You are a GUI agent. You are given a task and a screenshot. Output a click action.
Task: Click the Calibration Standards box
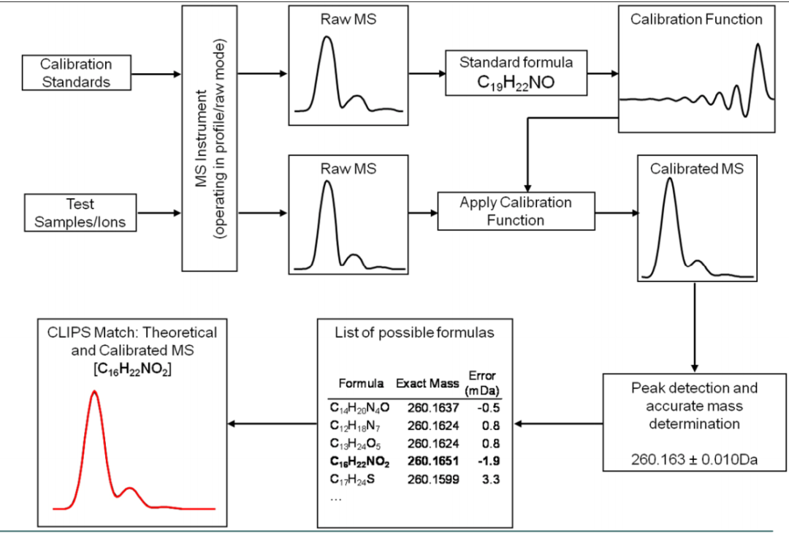[x=77, y=73]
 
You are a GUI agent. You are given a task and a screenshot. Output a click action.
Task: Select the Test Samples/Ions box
[x=80, y=213]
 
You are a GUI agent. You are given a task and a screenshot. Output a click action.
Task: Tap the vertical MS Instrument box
[x=210, y=138]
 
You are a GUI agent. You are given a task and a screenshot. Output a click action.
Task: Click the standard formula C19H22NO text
[x=516, y=82]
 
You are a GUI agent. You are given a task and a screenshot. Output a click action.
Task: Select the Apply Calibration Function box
[x=517, y=211]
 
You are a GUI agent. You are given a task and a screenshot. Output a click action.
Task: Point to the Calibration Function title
[x=696, y=19]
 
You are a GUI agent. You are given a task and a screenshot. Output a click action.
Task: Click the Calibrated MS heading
[x=697, y=168]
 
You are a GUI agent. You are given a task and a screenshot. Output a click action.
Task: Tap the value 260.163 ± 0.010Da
[x=695, y=459]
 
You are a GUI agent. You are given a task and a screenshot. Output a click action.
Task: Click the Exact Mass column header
[x=427, y=383]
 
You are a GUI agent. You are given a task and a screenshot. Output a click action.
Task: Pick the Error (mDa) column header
[x=482, y=383]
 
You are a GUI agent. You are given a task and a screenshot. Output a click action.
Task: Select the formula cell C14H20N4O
[x=359, y=407]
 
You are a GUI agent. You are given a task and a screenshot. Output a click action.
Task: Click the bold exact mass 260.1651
[x=433, y=461]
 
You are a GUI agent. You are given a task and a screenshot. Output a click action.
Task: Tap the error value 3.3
[x=491, y=479]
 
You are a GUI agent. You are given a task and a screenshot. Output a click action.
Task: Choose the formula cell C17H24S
[x=352, y=480]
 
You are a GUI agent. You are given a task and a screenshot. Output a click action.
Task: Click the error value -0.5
[x=489, y=407]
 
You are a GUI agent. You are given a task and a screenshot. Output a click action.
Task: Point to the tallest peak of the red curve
[x=94, y=391]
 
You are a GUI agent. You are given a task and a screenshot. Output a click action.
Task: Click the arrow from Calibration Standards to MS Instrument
[x=156, y=74]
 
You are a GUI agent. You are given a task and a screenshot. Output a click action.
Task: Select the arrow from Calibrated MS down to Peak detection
[x=695, y=328]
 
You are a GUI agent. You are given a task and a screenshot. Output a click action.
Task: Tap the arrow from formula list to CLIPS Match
[x=272, y=423]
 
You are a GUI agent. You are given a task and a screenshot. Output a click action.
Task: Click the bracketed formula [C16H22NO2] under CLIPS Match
[x=132, y=369]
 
